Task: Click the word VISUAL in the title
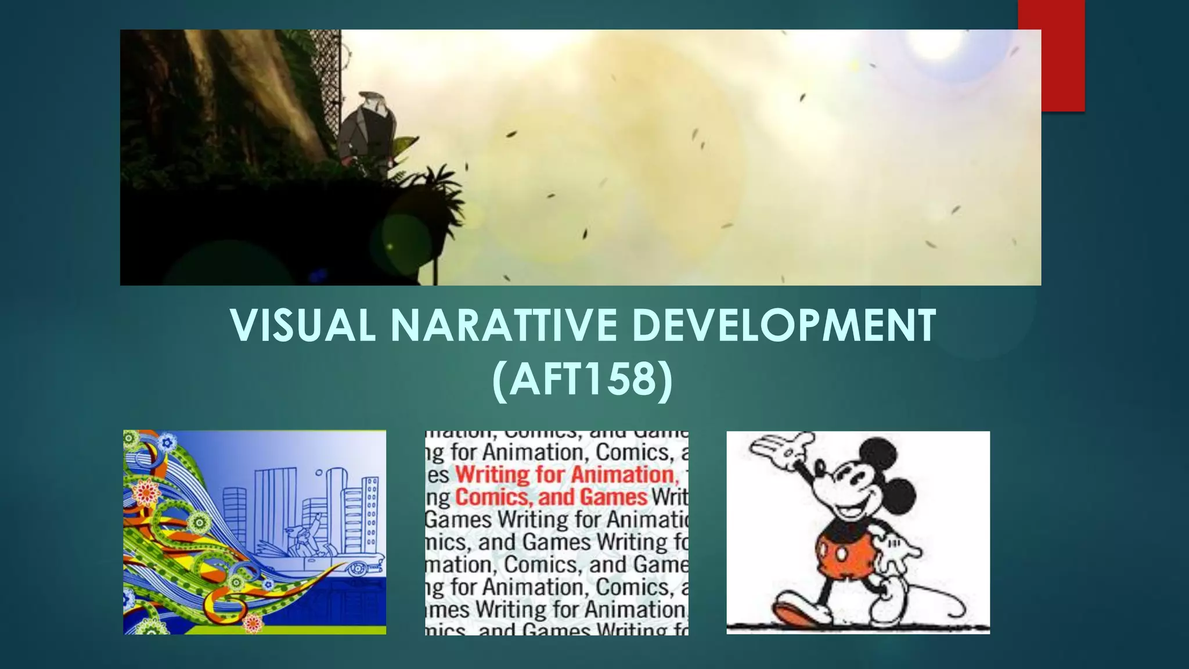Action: pyautogui.click(x=302, y=325)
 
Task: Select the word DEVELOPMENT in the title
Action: pyautogui.click(x=784, y=325)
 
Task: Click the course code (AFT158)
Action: pyautogui.click(x=582, y=380)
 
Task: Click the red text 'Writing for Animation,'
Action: pyautogui.click(x=565, y=475)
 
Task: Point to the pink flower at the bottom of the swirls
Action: pyautogui.click(x=253, y=623)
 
